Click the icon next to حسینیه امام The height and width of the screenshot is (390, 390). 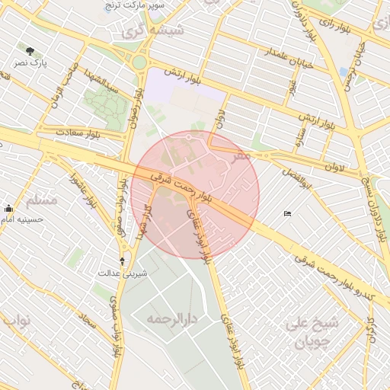tap(8, 209)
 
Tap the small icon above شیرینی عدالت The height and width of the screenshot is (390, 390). tap(123, 261)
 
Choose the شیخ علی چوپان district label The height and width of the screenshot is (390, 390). tap(312, 332)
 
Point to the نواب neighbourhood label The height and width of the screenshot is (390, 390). tap(17, 320)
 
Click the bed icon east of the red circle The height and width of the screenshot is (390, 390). tap(286, 213)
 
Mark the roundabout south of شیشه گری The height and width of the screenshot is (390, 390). tap(139, 62)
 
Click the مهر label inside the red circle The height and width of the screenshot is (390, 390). tap(242, 155)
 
